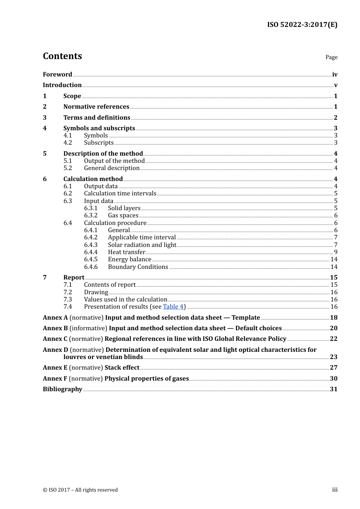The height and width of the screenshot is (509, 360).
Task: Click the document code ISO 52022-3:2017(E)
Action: click(302, 25)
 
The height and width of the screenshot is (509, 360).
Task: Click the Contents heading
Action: click(62, 56)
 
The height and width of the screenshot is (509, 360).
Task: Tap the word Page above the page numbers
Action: click(331, 57)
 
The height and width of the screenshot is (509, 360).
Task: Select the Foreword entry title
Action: click(57, 74)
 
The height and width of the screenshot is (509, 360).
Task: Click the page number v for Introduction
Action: click(335, 85)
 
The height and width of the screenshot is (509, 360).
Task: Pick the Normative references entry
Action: click(96, 107)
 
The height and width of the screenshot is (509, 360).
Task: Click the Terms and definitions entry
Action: click(97, 117)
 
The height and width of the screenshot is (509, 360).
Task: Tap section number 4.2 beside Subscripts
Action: click(67, 143)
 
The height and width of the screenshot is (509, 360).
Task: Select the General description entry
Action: click(111, 168)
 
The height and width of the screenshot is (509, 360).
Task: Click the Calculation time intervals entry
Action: click(120, 194)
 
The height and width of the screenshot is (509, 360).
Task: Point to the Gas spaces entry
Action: click(123, 215)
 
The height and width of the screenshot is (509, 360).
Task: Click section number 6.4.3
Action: click(91, 245)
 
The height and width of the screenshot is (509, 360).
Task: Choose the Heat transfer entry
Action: click(126, 252)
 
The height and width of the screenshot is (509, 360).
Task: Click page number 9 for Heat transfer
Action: click(335, 252)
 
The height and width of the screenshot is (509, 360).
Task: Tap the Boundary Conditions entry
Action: click(138, 267)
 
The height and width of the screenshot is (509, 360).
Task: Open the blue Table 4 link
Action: click(173, 307)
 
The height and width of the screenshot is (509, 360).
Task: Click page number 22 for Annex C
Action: click(333, 339)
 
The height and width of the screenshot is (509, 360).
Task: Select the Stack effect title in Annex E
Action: click(122, 368)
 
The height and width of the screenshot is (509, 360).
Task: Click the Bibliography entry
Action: click(63, 389)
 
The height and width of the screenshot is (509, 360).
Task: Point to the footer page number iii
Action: click(335, 490)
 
